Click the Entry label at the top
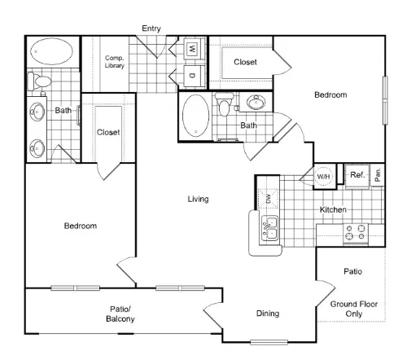coord(151,29)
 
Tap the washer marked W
coord(192,49)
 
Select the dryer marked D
coord(192,76)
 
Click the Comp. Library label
coord(115,62)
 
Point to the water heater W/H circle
coord(323,177)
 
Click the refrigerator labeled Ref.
coord(357,175)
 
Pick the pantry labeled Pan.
coord(378,175)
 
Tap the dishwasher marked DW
coord(268,199)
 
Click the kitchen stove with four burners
coord(356,234)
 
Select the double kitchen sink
coord(269,229)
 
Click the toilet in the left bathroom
coord(40,81)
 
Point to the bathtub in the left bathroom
coord(51,51)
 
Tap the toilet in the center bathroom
coord(224,104)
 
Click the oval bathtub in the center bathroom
coord(196,116)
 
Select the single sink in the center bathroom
coord(256,103)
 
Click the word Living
coord(199,199)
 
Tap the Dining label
coord(268,314)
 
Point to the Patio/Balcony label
coord(120,314)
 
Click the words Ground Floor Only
coord(354,309)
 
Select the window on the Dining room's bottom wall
coord(269,342)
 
